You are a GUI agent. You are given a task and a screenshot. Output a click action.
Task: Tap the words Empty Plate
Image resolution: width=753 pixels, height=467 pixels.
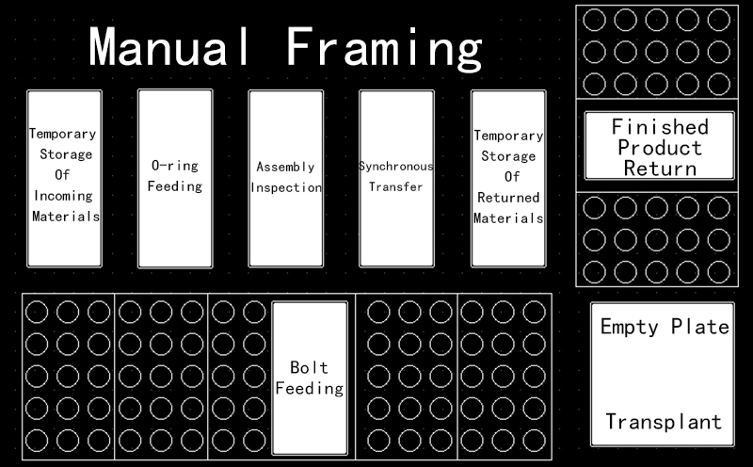(x=665, y=328)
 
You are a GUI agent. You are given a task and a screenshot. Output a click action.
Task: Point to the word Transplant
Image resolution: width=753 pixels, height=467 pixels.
(x=665, y=421)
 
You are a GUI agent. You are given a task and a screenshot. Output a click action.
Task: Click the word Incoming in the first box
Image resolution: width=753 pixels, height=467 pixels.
(x=64, y=197)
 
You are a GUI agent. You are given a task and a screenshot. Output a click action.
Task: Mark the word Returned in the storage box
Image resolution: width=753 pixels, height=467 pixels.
(x=508, y=198)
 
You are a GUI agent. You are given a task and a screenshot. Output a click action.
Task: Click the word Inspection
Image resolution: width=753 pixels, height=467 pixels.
(x=286, y=187)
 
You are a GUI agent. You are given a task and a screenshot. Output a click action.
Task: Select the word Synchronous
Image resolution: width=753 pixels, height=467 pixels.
(x=396, y=167)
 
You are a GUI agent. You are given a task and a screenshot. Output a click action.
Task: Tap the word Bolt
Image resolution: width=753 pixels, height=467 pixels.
(x=309, y=367)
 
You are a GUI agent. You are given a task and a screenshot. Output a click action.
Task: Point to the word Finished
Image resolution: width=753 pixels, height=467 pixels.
(x=659, y=126)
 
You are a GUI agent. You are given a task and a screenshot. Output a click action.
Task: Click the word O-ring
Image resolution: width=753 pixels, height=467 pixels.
(x=175, y=165)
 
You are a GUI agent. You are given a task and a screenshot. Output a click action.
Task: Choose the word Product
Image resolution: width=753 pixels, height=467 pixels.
(x=659, y=148)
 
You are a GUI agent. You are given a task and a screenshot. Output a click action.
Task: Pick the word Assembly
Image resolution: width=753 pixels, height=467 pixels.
(x=286, y=167)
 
